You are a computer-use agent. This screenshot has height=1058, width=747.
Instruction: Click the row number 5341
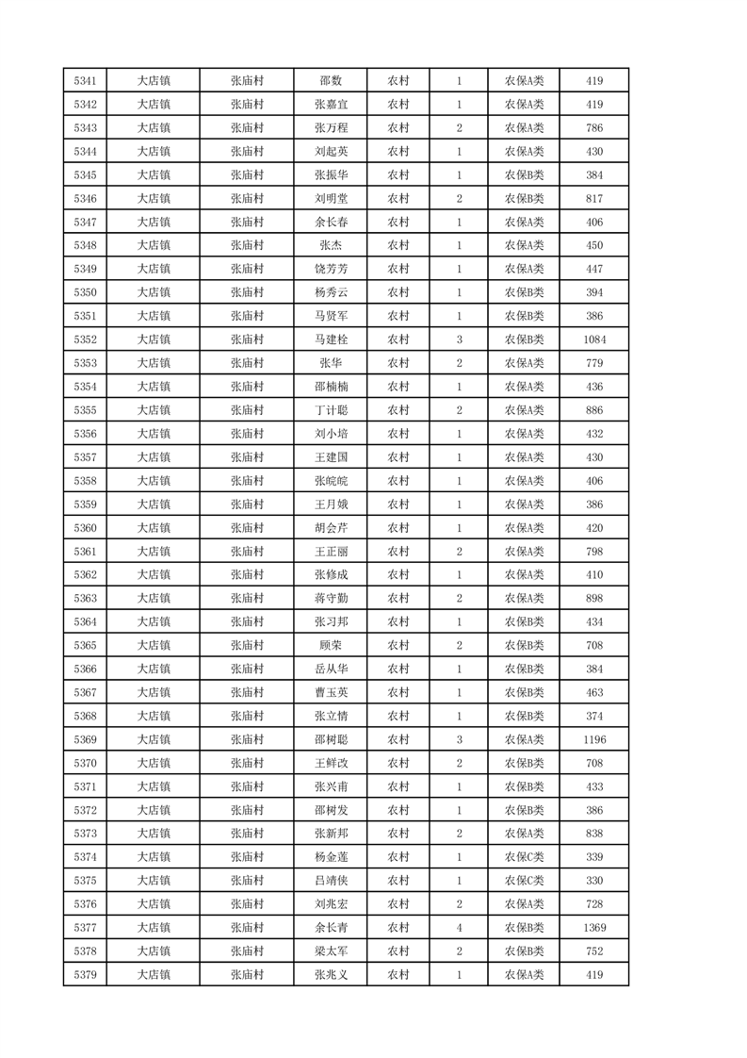click(x=85, y=81)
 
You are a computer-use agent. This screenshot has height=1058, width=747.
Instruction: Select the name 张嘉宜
click(x=331, y=105)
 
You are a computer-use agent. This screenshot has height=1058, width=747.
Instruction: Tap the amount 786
click(x=593, y=128)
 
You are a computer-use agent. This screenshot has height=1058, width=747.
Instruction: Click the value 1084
click(x=593, y=339)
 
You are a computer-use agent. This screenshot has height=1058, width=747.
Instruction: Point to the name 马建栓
click(x=331, y=339)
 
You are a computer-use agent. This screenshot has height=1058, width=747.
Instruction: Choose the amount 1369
click(x=593, y=928)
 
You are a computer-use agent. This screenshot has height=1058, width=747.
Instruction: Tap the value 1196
click(x=593, y=739)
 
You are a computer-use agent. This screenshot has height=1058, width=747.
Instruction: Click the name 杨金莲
click(x=331, y=857)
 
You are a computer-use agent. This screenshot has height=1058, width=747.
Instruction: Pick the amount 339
click(x=593, y=857)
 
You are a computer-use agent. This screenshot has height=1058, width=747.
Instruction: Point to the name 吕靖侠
click(x=331, y=881)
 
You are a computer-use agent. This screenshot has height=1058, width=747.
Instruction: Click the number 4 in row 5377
click(x=459, y=928)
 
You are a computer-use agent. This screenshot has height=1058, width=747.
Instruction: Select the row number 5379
click(x=85, y=975)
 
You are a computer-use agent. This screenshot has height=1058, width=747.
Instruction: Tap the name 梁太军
click(x=331, y=951)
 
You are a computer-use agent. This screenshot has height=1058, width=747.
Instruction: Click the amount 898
click(x=593, y=598)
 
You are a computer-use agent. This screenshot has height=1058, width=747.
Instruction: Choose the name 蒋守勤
click(x=331, y=598)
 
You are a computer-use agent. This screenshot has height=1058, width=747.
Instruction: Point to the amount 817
click(x=593, y=199)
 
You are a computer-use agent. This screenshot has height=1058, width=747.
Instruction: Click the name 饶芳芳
click(x=331, y=269)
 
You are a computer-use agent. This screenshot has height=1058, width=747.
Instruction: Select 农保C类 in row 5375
click(x=524, y=881)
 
